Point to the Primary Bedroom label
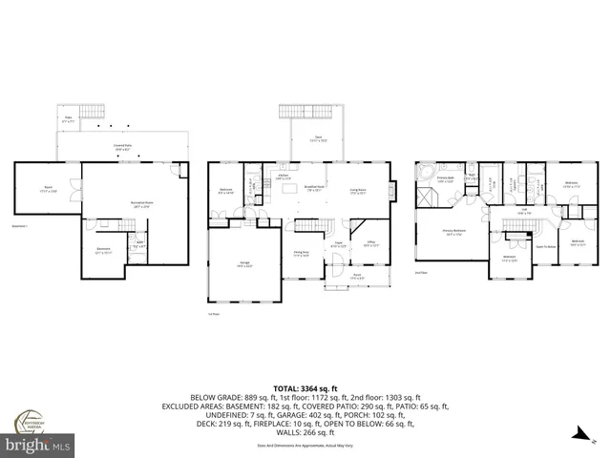pyautogui.click(x=453, y=231)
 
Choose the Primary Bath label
pyautogui.click(x=446, y=178)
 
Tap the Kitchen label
pyautogui.click(x=284, y=177)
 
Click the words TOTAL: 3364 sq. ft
pyautogui.click(x=305, y=387)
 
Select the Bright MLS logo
pyautogui.click(x=38, y=445)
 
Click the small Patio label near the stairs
pyautogui.click(x=68, y=120)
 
